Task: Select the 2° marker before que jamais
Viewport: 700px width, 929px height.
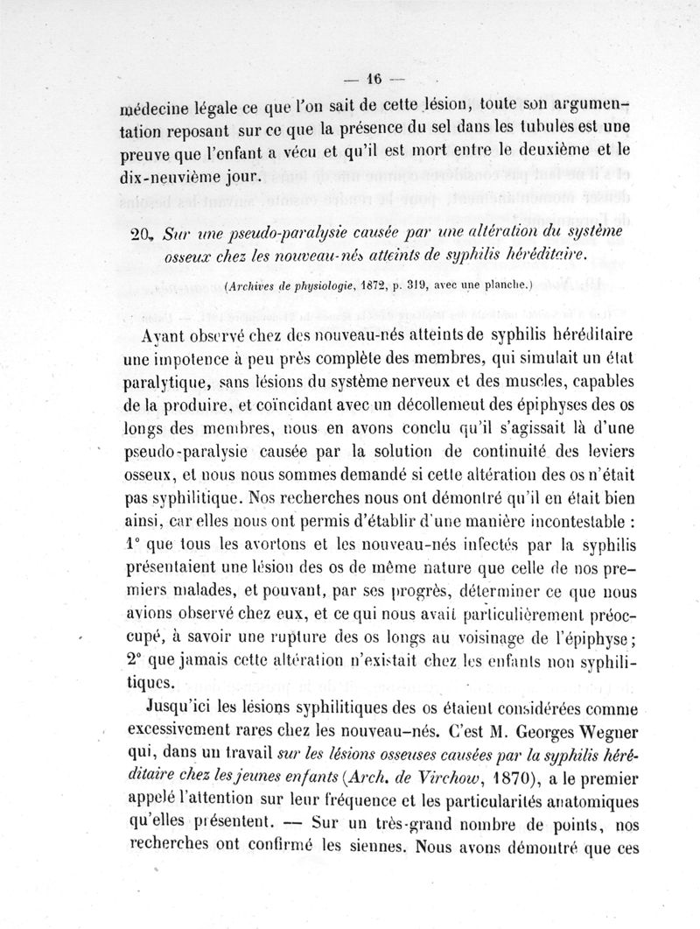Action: [x=139, y=657]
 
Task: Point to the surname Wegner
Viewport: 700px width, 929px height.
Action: [x=599, y=728]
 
